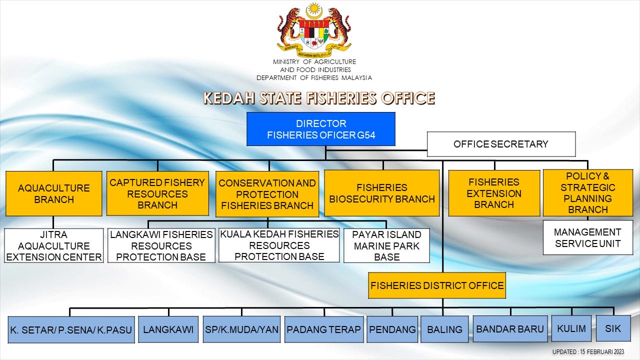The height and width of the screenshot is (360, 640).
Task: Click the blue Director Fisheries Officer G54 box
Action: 321,129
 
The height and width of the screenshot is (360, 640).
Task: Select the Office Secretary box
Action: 501,144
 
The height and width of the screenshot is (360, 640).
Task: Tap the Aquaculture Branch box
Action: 53,193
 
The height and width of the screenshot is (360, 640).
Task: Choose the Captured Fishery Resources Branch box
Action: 157,193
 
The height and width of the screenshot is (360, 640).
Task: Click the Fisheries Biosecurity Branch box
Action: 381,193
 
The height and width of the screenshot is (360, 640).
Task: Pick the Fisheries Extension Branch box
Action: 494,193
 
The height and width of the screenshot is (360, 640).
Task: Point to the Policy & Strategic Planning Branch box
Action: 587,193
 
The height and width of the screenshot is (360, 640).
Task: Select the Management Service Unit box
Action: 587,237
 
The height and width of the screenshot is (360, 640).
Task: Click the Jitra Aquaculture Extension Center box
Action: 53,245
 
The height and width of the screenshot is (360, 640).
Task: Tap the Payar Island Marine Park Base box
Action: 386,245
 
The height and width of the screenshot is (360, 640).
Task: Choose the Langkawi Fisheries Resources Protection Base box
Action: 161,245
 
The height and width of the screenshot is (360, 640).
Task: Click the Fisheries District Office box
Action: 437,285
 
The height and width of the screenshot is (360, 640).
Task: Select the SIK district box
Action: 613,328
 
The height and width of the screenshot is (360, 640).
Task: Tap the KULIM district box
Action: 571,328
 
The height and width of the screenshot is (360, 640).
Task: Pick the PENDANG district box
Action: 392,329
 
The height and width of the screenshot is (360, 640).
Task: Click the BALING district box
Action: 444,329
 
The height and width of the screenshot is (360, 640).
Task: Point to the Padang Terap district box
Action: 324,329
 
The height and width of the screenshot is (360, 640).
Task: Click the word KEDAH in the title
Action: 229,98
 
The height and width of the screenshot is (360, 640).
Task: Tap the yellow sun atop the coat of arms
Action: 313,8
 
